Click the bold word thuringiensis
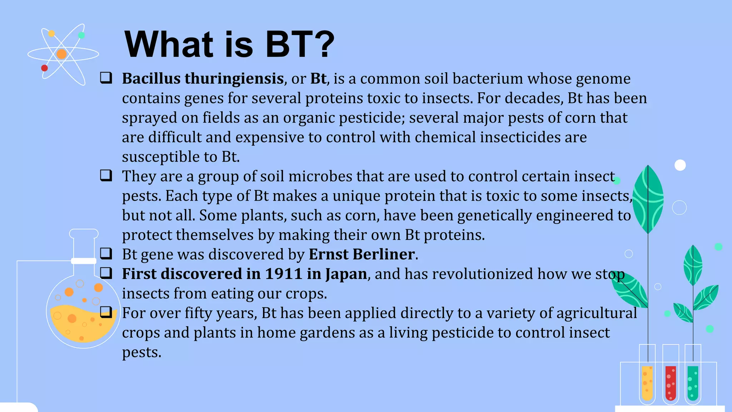pyautogui.click(x=234, y=79)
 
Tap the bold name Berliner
pyautogui.click(x=384, y=254)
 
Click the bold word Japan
pyautogui.click(x=346, y=274)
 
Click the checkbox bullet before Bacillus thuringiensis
pyautogui.click(x=106, y=78)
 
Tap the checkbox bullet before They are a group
pyautogui.click(x=106, y=175)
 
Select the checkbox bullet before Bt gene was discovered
pyautogui.click(x=106, y=253)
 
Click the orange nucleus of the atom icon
pyautogui.click(x=61, y=54)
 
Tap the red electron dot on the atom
pyautogui.click(x=44, y=68)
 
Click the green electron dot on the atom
pyautogui.click(x=81, y=35)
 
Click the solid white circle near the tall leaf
pyautogui.click(x=680, y=165)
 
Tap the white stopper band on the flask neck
pyautogui.click(x=84, y=261)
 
